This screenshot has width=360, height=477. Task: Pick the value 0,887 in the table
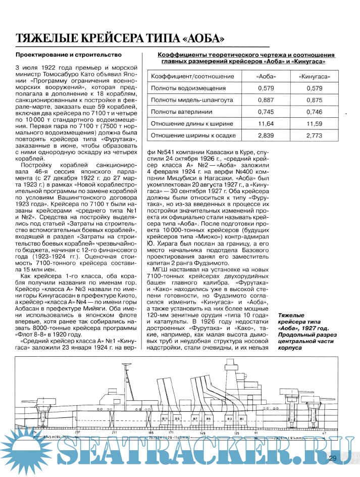click(266, 100)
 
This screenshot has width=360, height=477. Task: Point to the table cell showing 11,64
click(265, 124)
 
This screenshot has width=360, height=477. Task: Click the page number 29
click(332, 458)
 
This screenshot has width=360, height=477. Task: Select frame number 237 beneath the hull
click(77, 433)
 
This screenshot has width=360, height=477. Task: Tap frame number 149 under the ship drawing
click(202, 433)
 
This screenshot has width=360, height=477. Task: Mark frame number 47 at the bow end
click(326, 433)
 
